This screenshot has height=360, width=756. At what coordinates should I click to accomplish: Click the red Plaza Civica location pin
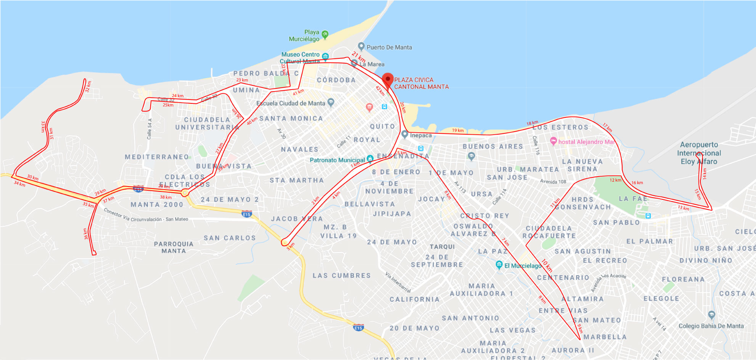click(x=388, y=80)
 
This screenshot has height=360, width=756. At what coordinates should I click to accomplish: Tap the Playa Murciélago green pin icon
click(x=325, y=34)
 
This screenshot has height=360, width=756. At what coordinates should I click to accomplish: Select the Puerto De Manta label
click(x=389, y=47)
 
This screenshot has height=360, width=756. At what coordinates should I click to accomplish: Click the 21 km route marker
click(x=359, y=57)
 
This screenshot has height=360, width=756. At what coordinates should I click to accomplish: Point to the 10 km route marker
click(x=547, y=265)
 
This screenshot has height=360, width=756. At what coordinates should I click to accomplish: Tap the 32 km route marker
click(x=88, y=86)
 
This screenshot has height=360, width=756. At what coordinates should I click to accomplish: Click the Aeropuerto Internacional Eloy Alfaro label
click(x=699, y=153)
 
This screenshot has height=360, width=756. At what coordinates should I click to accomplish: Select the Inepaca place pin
click(x=405, y=134)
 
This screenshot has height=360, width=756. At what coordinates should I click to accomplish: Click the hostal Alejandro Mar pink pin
click(x=553, y=141)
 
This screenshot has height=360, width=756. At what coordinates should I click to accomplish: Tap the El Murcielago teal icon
click(x=499, y=264)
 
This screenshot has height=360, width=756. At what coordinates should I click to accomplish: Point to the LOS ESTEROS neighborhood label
click(x=560, y=127)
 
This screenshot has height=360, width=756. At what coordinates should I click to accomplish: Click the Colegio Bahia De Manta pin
click(x=711, y=315)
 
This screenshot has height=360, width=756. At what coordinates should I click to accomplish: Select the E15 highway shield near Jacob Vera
click(x=247, y=214)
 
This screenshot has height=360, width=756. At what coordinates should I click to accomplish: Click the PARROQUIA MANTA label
click(x=174, y=247)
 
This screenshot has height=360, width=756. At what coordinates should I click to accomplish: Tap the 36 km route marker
click(x=86, y=234)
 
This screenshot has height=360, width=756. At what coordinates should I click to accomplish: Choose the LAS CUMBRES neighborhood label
click(x=341, y=275)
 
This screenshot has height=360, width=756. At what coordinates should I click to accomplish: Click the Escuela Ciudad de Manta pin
click(x=331, y=102)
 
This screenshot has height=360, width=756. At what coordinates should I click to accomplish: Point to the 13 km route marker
click(x=683, y=208)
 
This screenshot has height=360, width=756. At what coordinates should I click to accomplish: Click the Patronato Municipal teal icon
click(x=370, y=159)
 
